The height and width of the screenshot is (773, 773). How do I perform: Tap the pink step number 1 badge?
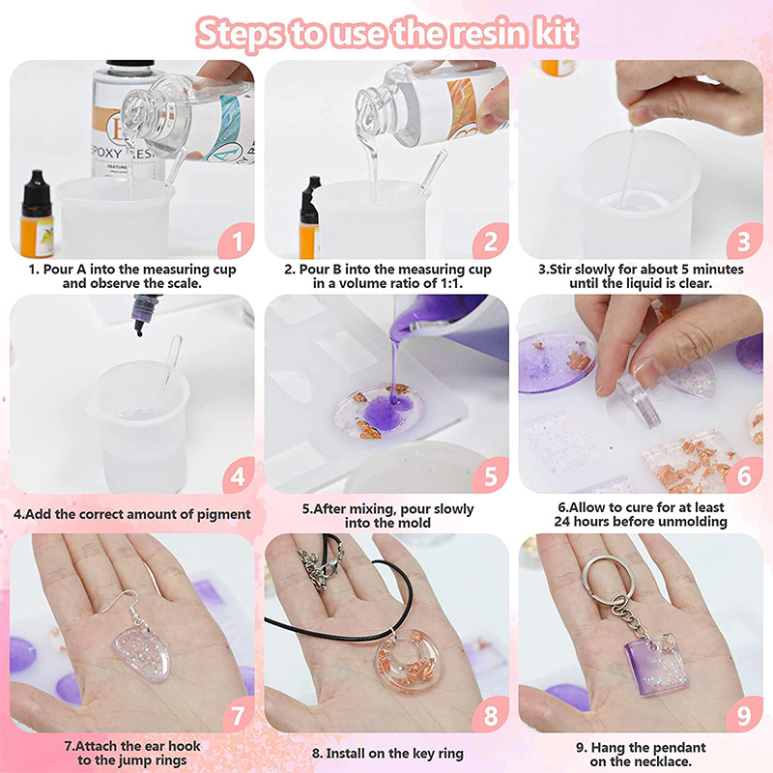pos(238,241)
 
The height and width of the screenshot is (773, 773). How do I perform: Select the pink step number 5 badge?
pos(491,475)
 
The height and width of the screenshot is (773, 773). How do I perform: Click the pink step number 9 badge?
pos(744,714)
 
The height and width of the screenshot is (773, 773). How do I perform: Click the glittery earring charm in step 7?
pos(141,651)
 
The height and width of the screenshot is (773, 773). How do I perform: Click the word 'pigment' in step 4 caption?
pos(224,514)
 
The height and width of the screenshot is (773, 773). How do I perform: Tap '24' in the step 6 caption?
pos(562,522)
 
